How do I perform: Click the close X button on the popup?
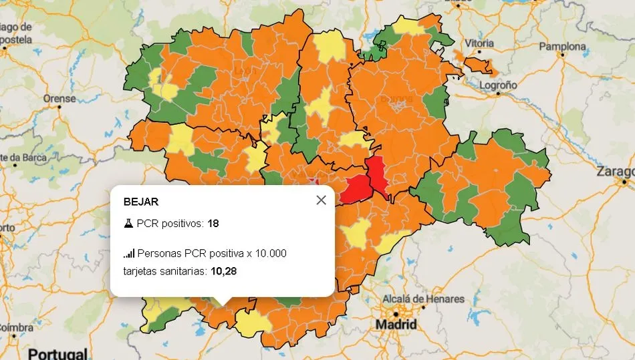tap(321, 200)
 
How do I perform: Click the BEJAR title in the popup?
tap(140, 201)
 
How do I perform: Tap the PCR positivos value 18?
tap(213, 223)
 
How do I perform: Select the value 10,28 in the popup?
tap(224, 271)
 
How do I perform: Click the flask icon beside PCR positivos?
tap(128, 223)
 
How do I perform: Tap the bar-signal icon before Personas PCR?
tap(128, 254)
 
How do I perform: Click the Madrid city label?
tap(396, 325)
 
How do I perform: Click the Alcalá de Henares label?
tap(422, 299)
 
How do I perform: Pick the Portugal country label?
tap(58, 353)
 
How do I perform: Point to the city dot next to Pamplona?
tap(563, 56)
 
